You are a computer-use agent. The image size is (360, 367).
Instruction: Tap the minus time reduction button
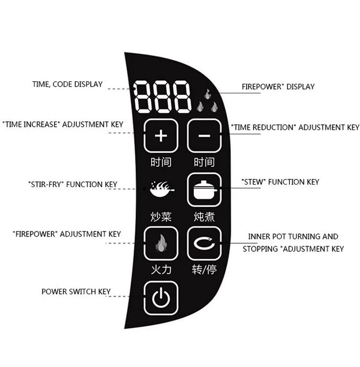(204, 136)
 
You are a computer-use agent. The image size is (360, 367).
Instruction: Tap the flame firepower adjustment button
(161, 244)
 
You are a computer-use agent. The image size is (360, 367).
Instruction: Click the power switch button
(161, 298)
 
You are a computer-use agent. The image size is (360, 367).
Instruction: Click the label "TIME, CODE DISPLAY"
(67, 84)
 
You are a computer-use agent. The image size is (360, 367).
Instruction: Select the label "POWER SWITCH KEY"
(76, 291)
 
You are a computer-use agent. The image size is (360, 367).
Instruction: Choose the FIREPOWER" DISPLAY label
(278, 87)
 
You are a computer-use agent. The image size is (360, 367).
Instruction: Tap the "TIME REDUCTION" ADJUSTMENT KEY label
(295, 128)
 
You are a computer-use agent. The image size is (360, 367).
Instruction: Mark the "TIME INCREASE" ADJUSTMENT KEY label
(62, 124)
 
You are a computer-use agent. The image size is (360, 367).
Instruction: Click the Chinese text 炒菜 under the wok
(161, 217)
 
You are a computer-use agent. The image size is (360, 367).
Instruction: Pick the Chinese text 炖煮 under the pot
(204, 217)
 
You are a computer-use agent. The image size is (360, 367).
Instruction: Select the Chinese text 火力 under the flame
(161, 270)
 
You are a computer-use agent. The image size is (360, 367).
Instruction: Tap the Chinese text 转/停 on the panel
(204, 270)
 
